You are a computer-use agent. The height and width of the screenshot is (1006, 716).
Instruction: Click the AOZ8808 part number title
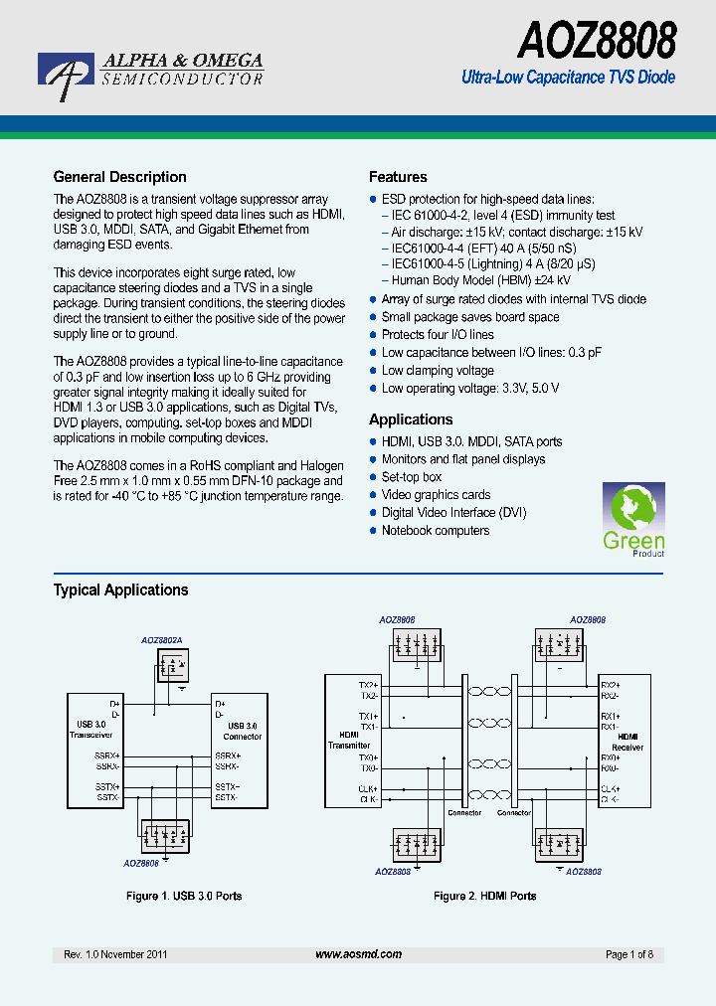(x=597, y=42)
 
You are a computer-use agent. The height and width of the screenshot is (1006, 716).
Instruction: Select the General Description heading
(x=119, y=177)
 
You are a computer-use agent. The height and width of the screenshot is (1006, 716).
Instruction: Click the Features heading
(x=398, y=177)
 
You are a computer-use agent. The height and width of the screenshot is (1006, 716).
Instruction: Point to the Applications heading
(x=411, y=419)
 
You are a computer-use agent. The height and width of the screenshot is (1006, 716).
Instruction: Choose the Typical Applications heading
(x=120, y=589)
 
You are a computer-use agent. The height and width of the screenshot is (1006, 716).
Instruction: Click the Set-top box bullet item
(x=412, y=477)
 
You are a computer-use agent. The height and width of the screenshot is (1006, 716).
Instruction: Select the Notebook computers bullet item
(x=436, y=531)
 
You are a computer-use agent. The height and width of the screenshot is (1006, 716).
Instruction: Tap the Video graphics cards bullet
(x=436, y=495)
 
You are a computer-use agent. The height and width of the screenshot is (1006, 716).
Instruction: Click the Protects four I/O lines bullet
(x=438, y=335)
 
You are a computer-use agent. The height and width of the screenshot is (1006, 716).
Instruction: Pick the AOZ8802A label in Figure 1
(x=161, y=642)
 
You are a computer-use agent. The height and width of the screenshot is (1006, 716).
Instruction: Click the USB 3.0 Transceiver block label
(x=90, y=731)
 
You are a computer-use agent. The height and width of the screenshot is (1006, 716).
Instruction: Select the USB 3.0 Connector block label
(x=242, y=732)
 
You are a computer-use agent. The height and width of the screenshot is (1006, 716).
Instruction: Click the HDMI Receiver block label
(x=627, y=742)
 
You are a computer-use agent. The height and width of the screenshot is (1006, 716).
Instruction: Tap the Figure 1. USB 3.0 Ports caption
(x=184, y=896)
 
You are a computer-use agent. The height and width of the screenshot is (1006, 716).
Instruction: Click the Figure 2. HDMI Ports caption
(x=484, y=896)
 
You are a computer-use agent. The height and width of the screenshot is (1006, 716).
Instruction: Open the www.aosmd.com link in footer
(x=358, y=954)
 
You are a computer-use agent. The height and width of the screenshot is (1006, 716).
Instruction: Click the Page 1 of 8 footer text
(x=629, y=954)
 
